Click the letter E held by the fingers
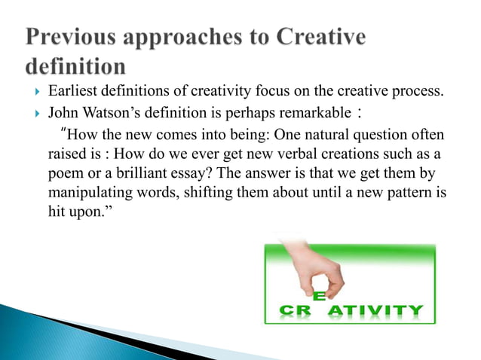coord(319,296)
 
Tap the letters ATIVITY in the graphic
coord(383,310)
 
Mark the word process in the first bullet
coord(418,93)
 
